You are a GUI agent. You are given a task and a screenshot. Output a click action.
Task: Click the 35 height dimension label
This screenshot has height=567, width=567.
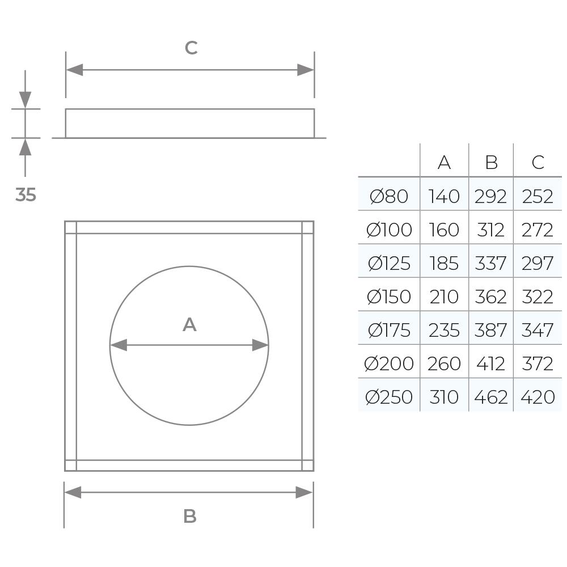[26, 195]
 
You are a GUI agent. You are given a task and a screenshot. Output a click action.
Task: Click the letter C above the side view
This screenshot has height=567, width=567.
[191, 48]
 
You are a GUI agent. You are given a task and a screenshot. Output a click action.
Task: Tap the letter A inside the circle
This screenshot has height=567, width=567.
[189, 325]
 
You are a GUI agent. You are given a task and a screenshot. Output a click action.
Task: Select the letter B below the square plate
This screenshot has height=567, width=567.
[190, 517]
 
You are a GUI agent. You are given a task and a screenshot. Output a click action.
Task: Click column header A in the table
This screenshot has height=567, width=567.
[444, 163]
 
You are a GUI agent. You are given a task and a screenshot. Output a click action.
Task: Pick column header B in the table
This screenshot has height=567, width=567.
[491, 163]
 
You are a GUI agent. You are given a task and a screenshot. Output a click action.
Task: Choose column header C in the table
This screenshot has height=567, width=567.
[538, 163]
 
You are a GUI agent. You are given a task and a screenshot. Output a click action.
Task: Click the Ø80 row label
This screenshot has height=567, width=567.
[389, 196]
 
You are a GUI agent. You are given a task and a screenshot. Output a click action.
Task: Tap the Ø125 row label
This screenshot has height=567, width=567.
[389, 263]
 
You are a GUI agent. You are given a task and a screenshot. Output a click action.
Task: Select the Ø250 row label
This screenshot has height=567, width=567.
[389, 397]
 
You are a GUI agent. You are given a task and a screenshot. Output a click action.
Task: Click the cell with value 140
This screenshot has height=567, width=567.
[444, 196]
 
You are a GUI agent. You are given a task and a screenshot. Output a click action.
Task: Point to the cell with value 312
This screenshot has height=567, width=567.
[491, 230]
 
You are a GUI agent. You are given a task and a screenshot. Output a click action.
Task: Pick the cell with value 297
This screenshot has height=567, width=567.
[538, 263]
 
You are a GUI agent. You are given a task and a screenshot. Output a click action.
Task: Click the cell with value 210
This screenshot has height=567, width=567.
[444, 297]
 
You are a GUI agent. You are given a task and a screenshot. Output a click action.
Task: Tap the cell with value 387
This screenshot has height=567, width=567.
[491, 330]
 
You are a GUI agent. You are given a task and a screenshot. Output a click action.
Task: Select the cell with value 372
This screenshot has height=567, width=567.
[538, 363]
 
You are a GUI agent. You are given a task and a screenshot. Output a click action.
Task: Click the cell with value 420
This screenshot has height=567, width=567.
[538, 397]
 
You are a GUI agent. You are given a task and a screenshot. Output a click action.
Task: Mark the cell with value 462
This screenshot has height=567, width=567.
[491, 397]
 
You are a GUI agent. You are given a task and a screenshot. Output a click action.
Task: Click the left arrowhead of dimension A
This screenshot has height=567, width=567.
[117, 345]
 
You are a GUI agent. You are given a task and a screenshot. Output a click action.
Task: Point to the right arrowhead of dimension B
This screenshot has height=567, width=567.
[305, 492]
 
